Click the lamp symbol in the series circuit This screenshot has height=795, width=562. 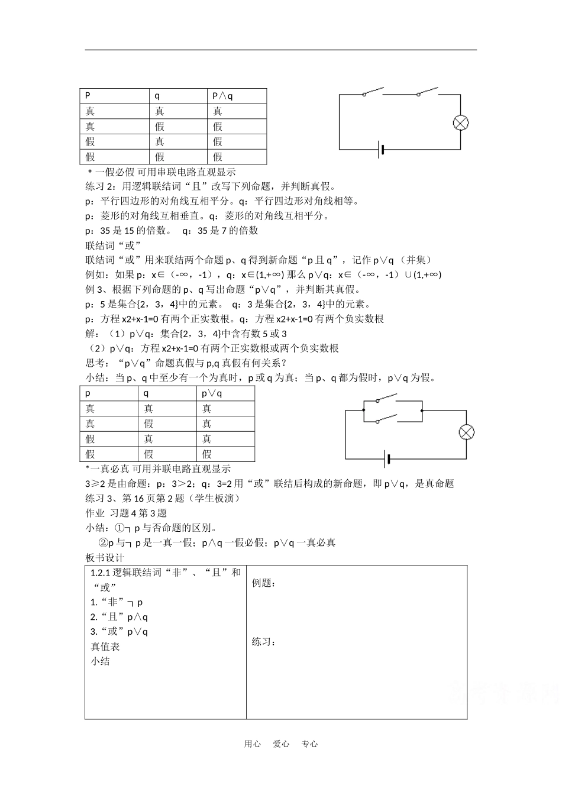(461, 122)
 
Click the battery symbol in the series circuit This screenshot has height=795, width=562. (381, 150)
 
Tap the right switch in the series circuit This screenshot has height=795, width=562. (427, 92)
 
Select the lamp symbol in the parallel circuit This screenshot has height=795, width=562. (467, 432)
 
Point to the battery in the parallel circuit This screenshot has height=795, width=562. (387, 459)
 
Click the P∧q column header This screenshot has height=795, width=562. (222, 96)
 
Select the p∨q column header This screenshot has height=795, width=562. (212, 393)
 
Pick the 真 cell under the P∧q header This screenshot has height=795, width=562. (218, 111)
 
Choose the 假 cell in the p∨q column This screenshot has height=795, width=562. (207, 454)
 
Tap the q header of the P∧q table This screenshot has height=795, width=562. (157, 96)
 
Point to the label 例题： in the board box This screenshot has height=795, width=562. (264, 583)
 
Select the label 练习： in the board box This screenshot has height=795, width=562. (264, 642)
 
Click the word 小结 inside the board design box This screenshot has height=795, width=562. (100, 661)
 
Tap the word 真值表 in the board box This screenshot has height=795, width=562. (105, 647)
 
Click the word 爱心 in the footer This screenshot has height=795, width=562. (281, 744)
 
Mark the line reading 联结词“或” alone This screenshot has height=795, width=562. (111, 245)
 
